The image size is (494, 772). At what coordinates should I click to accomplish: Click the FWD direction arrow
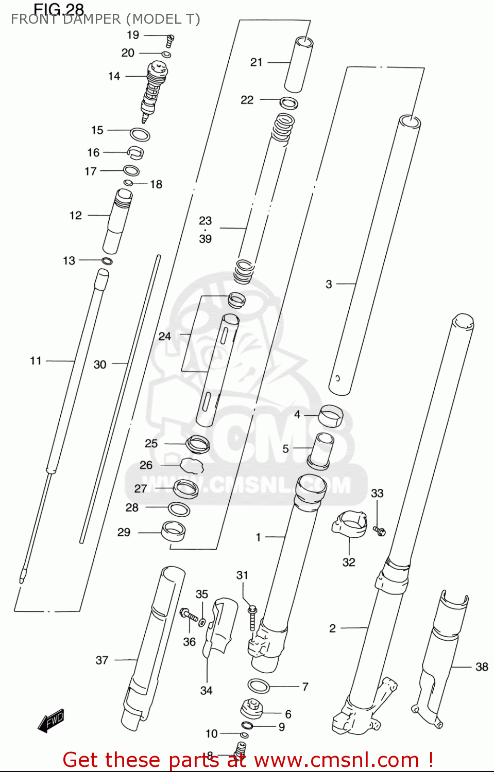tap(52, 721)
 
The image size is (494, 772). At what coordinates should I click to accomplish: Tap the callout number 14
tap(114, 76)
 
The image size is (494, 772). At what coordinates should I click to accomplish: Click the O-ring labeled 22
tap(288, 102)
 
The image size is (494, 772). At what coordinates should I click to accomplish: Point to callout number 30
tap(100, 364)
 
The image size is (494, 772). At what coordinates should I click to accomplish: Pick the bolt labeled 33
tap(380, 531)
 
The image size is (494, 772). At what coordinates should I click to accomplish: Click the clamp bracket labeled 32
tap(349, 523)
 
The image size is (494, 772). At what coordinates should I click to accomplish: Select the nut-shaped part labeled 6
tap(252, 709)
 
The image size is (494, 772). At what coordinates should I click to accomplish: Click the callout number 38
tap(482, 666)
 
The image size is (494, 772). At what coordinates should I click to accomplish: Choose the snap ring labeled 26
tap(192, 465)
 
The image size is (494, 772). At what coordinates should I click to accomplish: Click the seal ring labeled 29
tap(174, 531)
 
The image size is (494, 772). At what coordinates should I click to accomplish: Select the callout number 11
tap(36, 361)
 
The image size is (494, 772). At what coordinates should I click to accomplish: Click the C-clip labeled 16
tap(135, 152)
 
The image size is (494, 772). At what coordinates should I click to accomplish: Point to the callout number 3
tap(329, 284)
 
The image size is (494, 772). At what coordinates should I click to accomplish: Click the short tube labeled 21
tap(299, 64)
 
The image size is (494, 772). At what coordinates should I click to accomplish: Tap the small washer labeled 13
tap(107, 261)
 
